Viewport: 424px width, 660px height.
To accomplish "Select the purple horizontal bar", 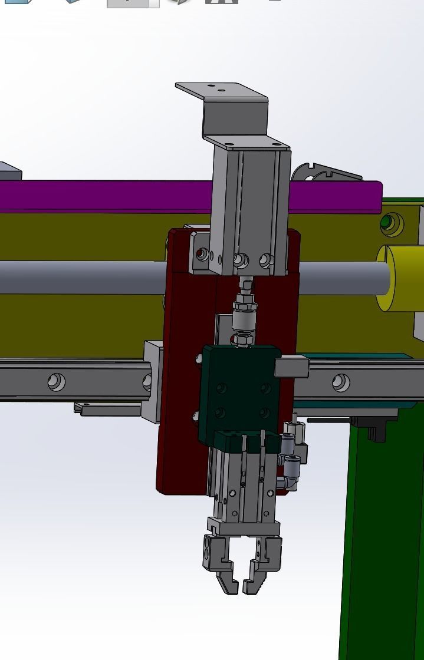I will pyautogui.click(x=106, y=196).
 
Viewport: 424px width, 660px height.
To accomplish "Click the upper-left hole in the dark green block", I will pyautogui.click(x=222, y=388).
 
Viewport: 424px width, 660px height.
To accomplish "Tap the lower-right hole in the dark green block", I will pyautogui.click(x=265, y=414).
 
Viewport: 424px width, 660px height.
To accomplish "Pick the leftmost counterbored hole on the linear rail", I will pyautogui.click(x=57, y=382).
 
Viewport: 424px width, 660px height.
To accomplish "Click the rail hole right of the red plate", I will pyautogui.click(x=340, y=382).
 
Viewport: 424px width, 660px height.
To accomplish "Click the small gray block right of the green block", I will pyautogui.click(x=292, y=367).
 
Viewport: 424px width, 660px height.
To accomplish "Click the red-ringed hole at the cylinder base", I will pyautogui.click(x=203, y=255).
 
